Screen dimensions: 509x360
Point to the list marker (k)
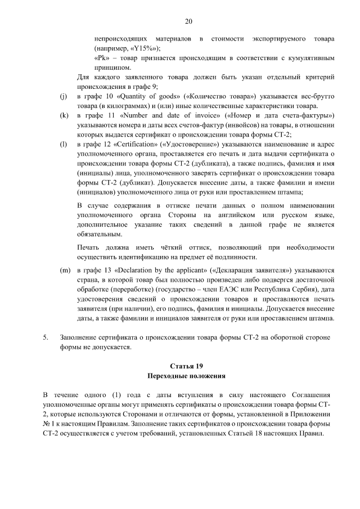pos(64,115)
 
